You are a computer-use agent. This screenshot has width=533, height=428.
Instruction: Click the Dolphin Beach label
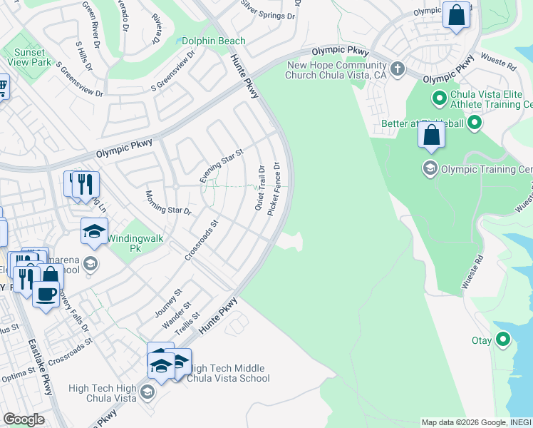point(214,41)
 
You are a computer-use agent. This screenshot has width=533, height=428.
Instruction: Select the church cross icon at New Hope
point(398,69)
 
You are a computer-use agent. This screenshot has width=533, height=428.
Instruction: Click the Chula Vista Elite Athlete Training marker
point(438,96)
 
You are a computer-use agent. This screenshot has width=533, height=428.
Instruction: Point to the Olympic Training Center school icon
point(430,169)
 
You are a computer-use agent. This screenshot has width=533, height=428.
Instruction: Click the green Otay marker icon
point(503,340)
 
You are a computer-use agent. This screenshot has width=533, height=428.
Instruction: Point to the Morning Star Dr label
point(169,203)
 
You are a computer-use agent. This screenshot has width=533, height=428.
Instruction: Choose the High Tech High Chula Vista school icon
point(147,391)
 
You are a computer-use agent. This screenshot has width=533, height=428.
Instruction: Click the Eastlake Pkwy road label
point(41,367)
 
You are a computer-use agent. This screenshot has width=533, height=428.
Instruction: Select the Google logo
point(24,419)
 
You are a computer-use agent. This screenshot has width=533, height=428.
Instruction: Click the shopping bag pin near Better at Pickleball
point(432,135)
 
